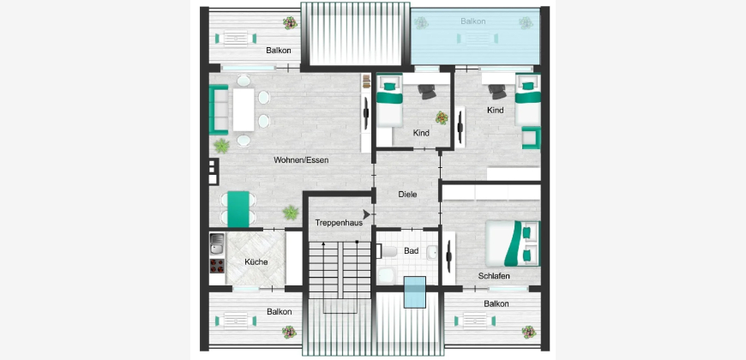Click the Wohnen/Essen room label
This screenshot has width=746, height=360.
(x=301, y=160)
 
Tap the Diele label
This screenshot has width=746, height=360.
(x=408, y=195)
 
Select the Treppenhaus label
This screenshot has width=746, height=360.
(x=339, y=223)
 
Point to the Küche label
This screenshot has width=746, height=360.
(x=256, y=262)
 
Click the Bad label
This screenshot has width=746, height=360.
(x=411, y=250)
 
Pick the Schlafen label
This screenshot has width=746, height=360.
(x=494, y=276)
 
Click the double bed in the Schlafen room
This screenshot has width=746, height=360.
(x=513, y=243)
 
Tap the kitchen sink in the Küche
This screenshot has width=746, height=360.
(x=217, y=243)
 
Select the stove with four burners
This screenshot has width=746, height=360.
(x=217, y=267)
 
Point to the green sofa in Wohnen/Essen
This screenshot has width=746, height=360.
(x=219, y=110)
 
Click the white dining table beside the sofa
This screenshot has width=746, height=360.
(x=244, y=110)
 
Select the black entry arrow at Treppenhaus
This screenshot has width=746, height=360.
(x=366, y=214)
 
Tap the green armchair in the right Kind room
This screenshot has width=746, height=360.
(x=531, y=138)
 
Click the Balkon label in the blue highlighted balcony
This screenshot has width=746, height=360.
(x=473, y=21)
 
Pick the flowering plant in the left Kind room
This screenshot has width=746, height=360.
(x=442, y=117)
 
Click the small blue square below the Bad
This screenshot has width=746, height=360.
(x=414, y=292)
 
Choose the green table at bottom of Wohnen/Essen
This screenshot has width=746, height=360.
(x=238, y=209)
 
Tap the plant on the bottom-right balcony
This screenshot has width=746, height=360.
(x=528, y=332)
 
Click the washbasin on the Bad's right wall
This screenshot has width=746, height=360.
(x=431, y=253)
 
